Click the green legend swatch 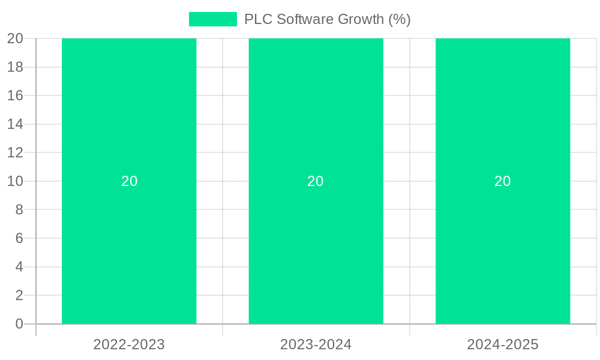pos(212,19)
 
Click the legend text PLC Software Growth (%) pos(327,19)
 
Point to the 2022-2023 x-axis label pos(129,344)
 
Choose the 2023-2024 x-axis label pos(316,344)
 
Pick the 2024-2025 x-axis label pos(503,344)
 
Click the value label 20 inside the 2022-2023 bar pos(129,181)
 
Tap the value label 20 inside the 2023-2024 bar pos(316,181)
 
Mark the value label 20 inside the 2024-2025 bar pos(503,181)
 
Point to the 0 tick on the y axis pos(19,324)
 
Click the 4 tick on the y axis pos(19,267)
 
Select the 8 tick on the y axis pos(19,210)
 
